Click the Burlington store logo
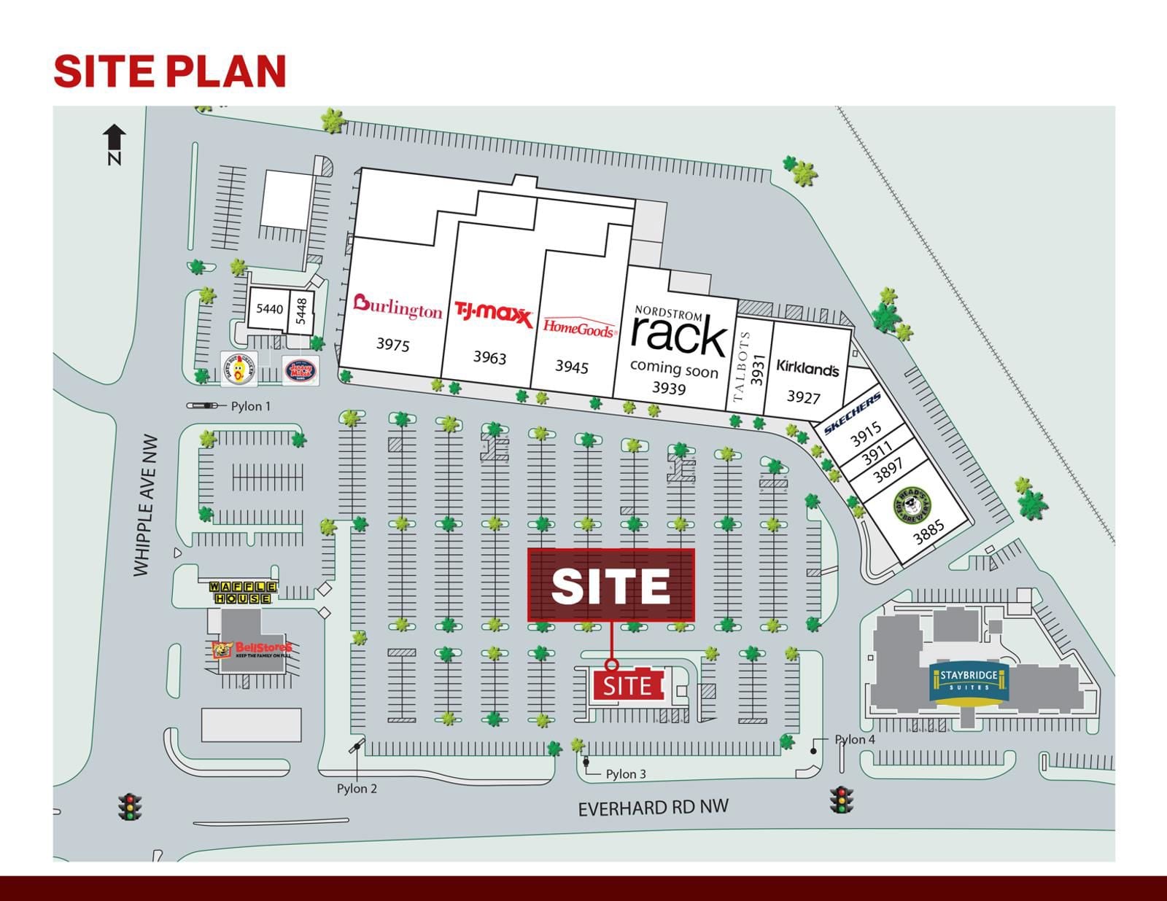[398, 307]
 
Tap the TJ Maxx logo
[494, 314]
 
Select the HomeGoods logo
[579, 327]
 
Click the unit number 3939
[669, 388]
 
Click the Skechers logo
[852, 413]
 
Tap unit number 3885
[928, 532]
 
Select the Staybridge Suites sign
[969, 681]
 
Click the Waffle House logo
[243, 592]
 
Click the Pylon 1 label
[250, 406]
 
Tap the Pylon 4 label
[854, 739]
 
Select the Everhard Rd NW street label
[653, 808]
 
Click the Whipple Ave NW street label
[145, 505]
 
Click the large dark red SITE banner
[610, 585]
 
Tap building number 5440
[269, 309]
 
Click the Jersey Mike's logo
[300, 370]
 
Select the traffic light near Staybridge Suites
[841, 800]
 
